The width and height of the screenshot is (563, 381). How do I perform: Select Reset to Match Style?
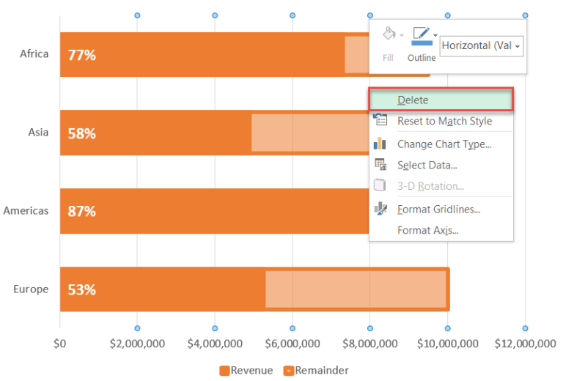click(444, 121)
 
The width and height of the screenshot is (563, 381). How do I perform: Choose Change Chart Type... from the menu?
click(444, 144)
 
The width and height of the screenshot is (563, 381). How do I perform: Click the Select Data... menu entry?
click(427, 166)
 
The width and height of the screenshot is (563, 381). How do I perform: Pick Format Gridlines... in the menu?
click(438, 210)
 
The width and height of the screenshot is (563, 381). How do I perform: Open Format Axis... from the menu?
click(427, 231)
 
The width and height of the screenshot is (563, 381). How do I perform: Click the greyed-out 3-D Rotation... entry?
click(430, 186)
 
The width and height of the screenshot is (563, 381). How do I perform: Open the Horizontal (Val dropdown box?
click(481, 45)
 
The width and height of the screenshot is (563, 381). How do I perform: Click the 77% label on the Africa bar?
click(81, 55)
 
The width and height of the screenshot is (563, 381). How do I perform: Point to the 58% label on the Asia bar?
click(81, 133)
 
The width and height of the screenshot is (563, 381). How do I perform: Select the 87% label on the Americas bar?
click(81, 212)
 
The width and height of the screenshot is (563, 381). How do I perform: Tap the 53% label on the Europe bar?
click(81, 289)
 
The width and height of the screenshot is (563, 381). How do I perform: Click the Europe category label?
click(31, 289)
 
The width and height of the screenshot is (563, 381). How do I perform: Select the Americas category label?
click(26, 211)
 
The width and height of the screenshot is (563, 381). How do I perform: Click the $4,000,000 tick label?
click(215, 344)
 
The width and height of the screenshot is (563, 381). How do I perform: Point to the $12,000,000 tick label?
click(525, 344)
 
